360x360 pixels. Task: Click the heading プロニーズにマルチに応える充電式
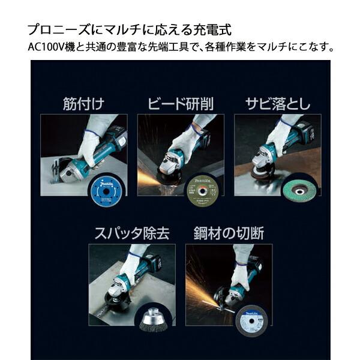129,29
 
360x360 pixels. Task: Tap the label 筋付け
83,103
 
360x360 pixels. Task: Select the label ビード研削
180,103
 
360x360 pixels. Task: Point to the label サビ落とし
277,103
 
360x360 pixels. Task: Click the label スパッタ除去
131,233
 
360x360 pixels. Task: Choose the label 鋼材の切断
228,233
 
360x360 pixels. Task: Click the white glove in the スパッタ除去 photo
130,267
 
